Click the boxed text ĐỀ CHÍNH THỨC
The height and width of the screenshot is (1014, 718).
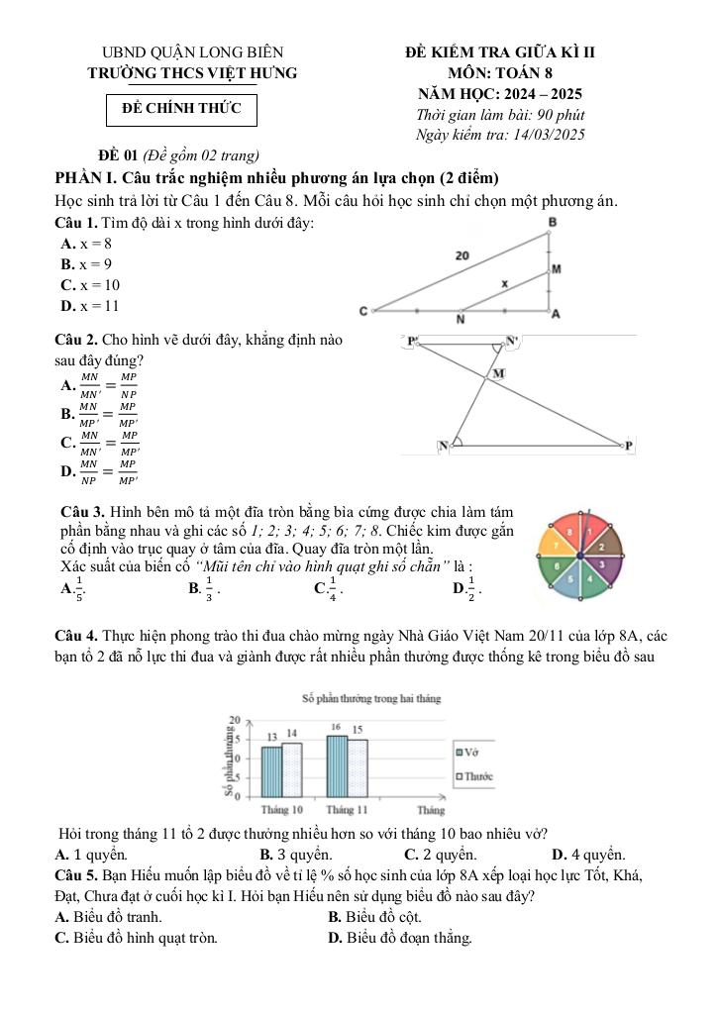point(181,108)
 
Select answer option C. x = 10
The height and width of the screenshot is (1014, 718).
point(90,285)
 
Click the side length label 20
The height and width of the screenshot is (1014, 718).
point(462,255)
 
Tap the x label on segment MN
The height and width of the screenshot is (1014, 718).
point(504,283)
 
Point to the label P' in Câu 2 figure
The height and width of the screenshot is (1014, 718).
point(414,342)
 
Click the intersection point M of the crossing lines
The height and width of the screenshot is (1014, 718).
point(498,373)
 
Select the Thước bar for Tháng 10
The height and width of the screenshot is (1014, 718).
point(292,768)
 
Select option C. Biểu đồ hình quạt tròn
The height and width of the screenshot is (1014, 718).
point(138,937)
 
